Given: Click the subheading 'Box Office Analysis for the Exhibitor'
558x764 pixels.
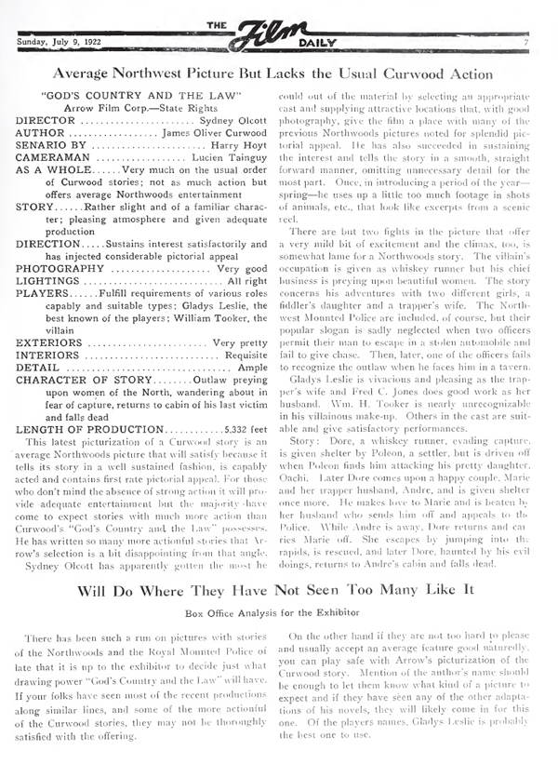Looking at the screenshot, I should tap(278, 588).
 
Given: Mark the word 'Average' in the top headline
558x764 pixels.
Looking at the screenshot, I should tap(87, 72).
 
